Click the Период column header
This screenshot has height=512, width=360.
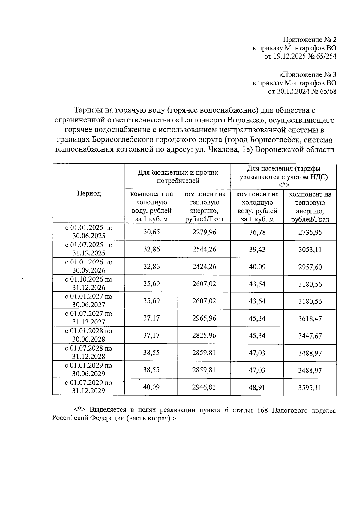[x=89, y=193]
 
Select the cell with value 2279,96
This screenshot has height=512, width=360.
[x=204, y=232]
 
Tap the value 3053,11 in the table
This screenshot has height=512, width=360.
[x=310, y=250]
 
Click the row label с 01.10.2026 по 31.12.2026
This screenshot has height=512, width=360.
[x=89, y=283]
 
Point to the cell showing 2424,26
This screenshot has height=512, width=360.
[x=204, y=267]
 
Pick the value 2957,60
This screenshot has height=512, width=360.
[x=310, y=267]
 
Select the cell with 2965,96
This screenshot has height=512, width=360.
[x=204, y=318]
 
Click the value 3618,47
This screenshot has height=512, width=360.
[x=310, y=318]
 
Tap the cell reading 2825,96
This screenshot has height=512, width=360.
[x=204, y=335]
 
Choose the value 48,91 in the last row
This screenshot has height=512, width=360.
[x=257, y=387]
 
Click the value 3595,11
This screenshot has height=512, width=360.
[x=310, y=387]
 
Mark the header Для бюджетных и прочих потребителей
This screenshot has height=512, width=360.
[x=178, y=176]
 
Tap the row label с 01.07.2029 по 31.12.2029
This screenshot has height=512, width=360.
[x=89, y=387]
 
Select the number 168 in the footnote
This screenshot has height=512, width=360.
[x=262, y=411]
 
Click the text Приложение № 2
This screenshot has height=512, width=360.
[x=310, y=40]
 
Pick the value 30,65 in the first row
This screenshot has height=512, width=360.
[x=151, y=232]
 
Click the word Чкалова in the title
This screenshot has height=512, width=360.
[x=220, y=149]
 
